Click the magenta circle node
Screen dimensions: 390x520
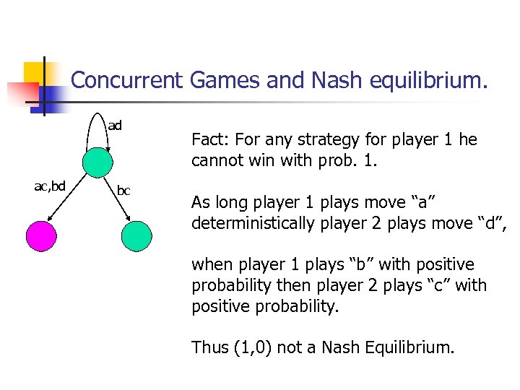pos(40,235)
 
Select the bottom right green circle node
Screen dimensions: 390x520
pos(137,235)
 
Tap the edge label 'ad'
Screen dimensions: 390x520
pos(115,126)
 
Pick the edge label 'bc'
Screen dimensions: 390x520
pos(123,191)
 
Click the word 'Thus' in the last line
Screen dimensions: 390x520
pos(210,347)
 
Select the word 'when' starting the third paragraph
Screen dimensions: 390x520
pos(211,265)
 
